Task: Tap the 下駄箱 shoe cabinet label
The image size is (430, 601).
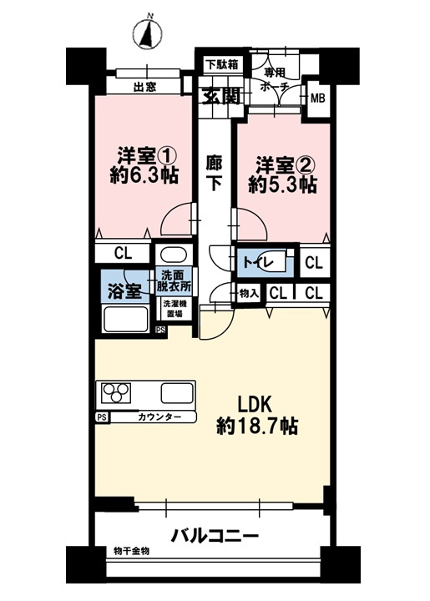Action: click(x=222, y=63)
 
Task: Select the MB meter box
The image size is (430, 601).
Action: click(x=318, y=98)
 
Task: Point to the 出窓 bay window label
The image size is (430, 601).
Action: click(x=144, y=86)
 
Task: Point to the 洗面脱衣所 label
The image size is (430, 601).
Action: click(x=175, y=282)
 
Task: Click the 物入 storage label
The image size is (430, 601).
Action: click(x=249, y=293)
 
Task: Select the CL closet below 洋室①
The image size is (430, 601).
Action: click(x=122, y=253)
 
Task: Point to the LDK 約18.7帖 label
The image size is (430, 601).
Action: click(x=257, y=413)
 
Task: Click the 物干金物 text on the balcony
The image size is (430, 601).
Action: click(x=131, y=552)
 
